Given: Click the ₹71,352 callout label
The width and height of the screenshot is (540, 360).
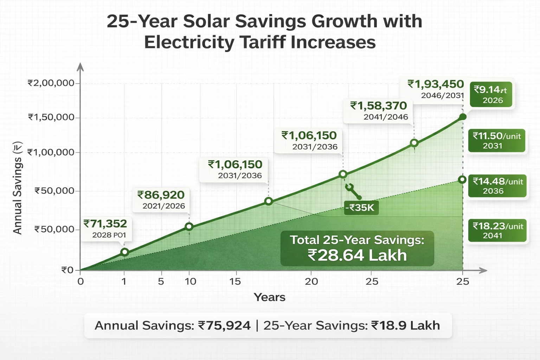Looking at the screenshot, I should (105, 229).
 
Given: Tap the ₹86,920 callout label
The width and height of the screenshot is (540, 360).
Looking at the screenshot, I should (161, 200).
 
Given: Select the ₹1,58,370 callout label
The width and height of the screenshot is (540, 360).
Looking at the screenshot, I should (379, 110).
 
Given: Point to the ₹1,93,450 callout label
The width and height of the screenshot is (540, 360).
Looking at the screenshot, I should (436, 89).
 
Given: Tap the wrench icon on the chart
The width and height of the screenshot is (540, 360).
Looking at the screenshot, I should (353, 191).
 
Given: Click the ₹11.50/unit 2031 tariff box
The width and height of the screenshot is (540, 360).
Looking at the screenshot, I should (496, 141).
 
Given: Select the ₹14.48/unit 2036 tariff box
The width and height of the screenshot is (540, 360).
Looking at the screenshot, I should (497, 186).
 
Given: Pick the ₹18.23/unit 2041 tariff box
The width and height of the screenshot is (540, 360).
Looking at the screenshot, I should (497, 231).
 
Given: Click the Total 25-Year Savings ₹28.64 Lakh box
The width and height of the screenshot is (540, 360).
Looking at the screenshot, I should (357, 248).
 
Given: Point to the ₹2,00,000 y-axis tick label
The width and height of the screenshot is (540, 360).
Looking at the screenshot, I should (51, 83).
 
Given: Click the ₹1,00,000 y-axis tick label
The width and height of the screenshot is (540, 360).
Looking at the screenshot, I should (51, 152).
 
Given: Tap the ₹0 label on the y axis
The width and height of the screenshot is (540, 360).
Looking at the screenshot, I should (67, 270).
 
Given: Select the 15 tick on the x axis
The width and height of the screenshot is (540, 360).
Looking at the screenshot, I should (235, 281).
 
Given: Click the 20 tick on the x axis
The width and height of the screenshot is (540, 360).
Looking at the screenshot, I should (311, 281).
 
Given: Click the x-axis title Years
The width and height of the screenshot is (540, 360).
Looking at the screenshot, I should (269, 297).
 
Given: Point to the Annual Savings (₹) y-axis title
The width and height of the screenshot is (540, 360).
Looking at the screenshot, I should (18, 188).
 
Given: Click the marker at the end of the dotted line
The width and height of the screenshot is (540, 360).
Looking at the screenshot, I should (462, 180).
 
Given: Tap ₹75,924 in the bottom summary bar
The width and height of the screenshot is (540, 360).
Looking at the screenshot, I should (224, 326).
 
